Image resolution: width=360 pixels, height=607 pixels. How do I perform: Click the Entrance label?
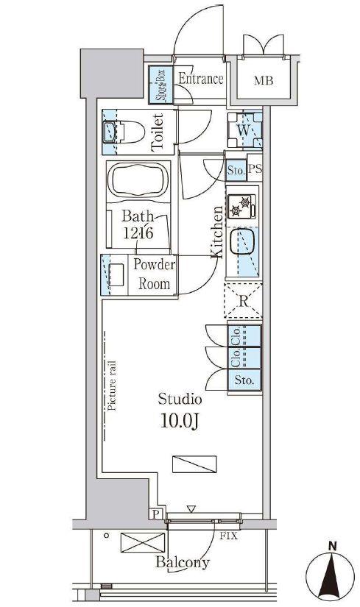pos(201,79)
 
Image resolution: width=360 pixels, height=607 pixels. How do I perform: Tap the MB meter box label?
pos(264,80)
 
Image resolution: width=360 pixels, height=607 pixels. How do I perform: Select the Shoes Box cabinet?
pos(160,85)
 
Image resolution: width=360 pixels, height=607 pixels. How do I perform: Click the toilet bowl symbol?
pos(124,132)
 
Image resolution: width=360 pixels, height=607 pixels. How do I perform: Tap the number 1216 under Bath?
pos(138,232)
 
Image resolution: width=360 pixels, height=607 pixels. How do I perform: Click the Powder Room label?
pos(154,274)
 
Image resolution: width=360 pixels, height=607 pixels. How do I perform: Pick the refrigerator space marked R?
pos(244,301)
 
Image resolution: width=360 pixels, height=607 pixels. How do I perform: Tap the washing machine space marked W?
pos(244,130)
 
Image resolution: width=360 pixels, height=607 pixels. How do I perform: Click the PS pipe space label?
pos(255,169)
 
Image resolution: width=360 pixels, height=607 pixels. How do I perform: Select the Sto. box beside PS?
pos(236,170)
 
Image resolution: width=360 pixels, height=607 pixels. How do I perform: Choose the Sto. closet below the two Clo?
pos(244,380)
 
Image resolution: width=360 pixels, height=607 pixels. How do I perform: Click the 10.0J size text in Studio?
pos(180,422)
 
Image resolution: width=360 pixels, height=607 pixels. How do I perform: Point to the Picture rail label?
pos(112,386)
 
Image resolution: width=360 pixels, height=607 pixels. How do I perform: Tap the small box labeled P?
pos(156,514)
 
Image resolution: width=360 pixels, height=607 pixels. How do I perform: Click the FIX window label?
pos(228,536)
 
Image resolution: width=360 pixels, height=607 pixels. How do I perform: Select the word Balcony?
pos(183,562)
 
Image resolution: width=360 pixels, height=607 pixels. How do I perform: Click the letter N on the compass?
pos(332,547)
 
